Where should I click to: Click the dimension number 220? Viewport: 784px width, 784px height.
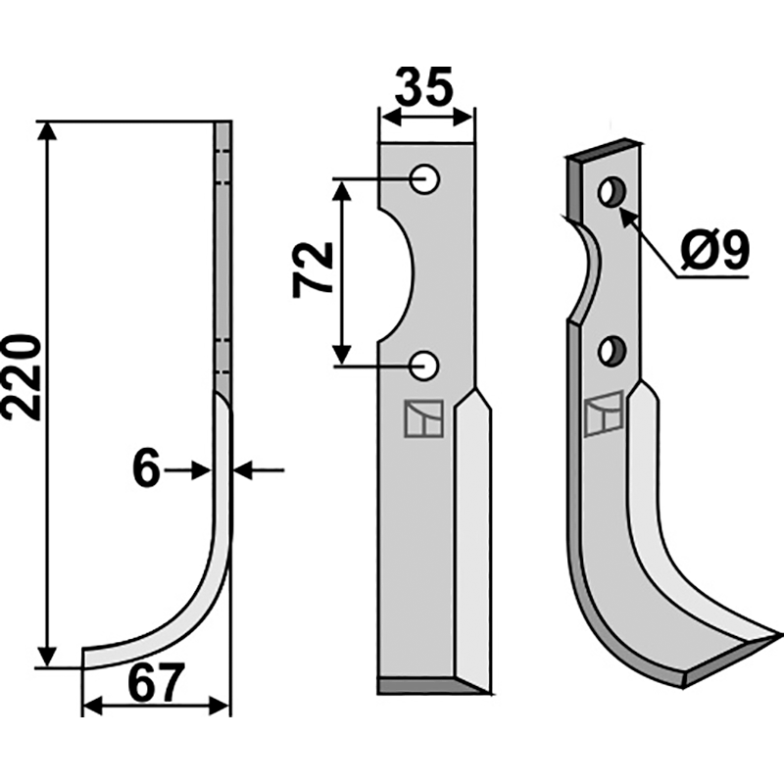click(x=22, y=377)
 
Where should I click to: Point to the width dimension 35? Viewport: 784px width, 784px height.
click(x=424, y=86)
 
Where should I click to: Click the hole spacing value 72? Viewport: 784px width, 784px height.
click(x=313, y=270)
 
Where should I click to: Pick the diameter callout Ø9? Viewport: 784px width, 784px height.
click(x=715, y=250)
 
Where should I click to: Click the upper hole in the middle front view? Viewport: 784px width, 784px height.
click(x=424, y=179)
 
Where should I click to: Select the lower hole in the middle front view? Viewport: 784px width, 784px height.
click(x=424, y=366)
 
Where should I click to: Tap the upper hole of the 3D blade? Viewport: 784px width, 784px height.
click(x=612, y=191)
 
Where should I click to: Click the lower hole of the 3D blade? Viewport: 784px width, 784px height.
click(x=612, y=351)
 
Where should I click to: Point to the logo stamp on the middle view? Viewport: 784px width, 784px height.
click(x=424, y=418)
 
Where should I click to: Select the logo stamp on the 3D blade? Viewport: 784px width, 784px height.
click(x=604, y=414)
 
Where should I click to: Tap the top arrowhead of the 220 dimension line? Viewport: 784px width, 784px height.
click(x=47, y=131)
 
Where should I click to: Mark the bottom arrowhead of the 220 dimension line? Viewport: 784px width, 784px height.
click(x=47, y=657)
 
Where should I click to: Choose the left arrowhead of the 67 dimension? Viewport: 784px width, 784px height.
click(x=92, y=707)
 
